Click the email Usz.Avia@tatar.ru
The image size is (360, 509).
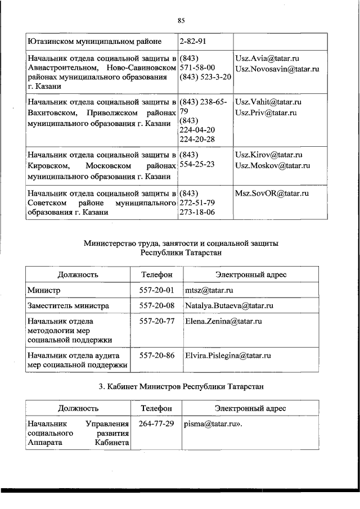pyautogui.click(x=267, y=58)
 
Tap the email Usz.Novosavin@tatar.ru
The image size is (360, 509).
pyautogui.click(x=277, y=69)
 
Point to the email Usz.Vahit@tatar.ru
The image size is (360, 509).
pyautogui.click(x=268, y=102)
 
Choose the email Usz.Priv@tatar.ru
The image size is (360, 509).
pyautogui.click(x=267, y=112)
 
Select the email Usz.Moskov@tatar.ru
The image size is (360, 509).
pyautogui.click(x=273, y=165)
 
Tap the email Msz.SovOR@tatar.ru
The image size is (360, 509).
pyautogui.click(x=272, y=193)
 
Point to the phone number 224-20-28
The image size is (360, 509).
pyautogui.click(x=197, y=139)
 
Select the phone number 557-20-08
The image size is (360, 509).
pyautogui.click(x=156, y=306)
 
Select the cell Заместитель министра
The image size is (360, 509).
pyautogui.click(x=68, y=306)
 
